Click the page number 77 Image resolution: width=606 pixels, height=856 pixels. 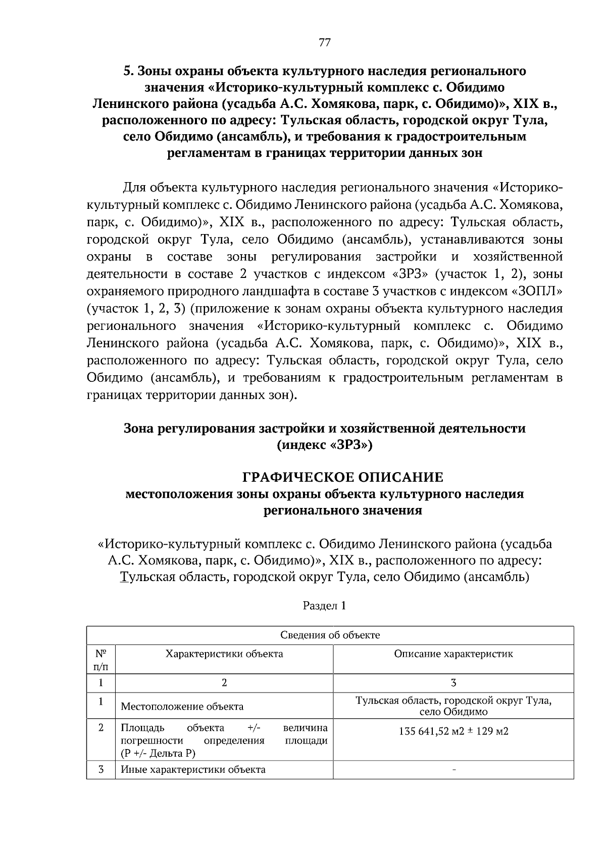point(325,43)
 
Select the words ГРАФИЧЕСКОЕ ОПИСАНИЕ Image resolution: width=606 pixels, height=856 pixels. point(343,477)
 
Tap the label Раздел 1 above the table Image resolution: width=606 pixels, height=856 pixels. point(324,606)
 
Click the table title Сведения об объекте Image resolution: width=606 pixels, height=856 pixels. point(330,635)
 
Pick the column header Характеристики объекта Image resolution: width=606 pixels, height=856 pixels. point(224,654)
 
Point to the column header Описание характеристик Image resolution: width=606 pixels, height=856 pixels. point(453,654)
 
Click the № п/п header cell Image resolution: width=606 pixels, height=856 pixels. point(101,660)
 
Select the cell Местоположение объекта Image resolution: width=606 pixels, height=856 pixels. point(182,706)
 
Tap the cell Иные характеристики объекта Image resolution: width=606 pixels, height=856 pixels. point(193,770)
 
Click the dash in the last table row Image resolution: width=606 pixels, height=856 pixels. point(453,770)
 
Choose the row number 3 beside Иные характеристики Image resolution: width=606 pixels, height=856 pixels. point(101,769)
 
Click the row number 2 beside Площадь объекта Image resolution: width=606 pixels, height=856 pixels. point(101,728)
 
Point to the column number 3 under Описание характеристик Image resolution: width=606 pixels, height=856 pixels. point(453,683)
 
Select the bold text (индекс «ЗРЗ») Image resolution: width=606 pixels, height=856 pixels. point(324,445)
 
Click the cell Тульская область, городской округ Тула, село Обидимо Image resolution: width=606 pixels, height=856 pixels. point(453,706)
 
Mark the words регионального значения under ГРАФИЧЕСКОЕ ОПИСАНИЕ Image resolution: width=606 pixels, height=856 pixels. point(343,510)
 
